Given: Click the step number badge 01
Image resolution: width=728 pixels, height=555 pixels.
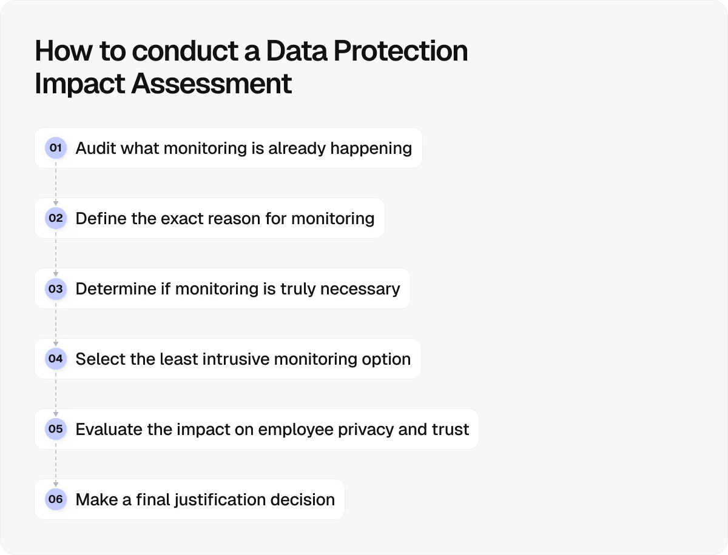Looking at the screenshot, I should [56, 148].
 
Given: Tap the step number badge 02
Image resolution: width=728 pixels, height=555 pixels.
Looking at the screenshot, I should [56, 218].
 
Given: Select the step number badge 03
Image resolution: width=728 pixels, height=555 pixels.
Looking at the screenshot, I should [56, 288].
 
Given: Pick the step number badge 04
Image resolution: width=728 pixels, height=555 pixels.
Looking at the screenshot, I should [56, 359].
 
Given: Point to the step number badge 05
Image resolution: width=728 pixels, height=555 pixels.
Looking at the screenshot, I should [56, 429].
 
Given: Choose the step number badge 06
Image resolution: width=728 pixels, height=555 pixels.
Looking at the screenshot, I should [56, 499].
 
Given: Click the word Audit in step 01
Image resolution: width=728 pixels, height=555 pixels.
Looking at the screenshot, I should [96, 148].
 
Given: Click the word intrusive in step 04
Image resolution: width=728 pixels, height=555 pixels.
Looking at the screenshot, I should [234, 359].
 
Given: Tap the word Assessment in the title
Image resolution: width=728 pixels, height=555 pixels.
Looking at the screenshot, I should [212, 84].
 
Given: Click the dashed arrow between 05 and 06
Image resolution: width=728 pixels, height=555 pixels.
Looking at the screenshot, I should [56, 464].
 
